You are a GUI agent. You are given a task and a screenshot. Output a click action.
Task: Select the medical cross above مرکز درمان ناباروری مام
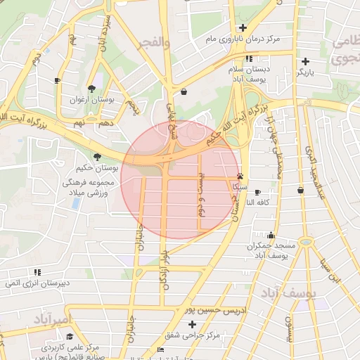tap(243, 27)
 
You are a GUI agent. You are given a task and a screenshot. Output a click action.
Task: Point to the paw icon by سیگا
tap(241, 176)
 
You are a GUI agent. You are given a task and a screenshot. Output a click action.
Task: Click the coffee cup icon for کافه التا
tap(257, 192)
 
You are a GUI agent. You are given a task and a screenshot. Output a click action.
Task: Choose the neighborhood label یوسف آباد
tap(290, 290)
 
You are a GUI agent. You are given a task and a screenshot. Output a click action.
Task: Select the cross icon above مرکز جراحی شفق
tap(193, 324)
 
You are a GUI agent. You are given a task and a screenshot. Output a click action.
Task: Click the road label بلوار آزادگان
tap(165, 266)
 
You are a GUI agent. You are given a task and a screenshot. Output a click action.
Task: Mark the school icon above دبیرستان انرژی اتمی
tap(37, 271)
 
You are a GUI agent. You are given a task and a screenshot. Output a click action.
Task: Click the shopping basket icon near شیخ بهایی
tap(184, 91)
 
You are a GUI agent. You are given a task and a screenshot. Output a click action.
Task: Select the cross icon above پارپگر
tap(306, 61)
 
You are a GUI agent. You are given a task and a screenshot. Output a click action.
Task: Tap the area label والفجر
tap(156, 43)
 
